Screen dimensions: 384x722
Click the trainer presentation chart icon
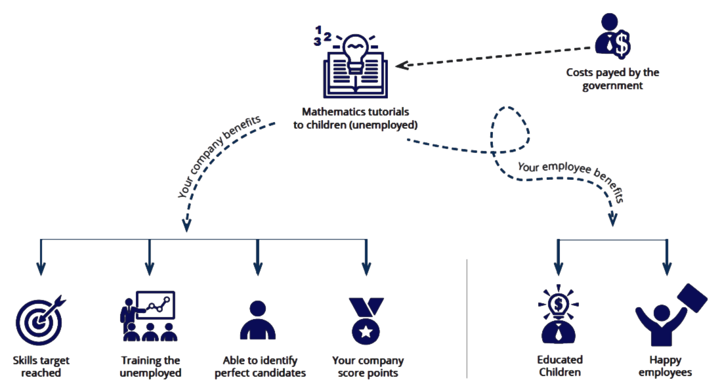point(149,316)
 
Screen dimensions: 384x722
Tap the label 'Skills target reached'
point(41,366)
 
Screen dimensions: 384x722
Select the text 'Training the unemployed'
point(151,366)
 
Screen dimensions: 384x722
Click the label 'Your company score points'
point(368,366)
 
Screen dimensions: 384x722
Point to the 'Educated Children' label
point(559,366)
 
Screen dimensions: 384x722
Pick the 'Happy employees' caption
point(666,366)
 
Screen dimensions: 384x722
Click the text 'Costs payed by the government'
point(612,79)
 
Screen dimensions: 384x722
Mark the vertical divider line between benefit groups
point(467,318)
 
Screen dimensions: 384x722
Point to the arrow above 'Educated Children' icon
point(559,259)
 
